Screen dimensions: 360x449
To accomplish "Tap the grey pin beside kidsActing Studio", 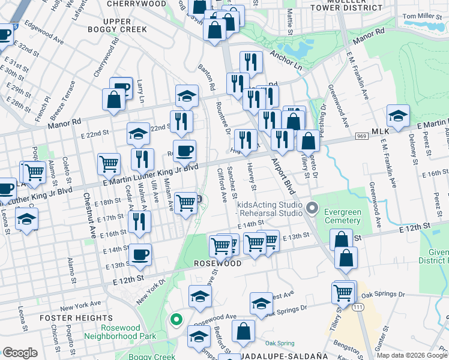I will (312, 208).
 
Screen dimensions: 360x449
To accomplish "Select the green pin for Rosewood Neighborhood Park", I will (175, 319).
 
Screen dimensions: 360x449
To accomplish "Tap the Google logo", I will (20, 353).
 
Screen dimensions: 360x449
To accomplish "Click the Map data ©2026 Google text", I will (412, 356).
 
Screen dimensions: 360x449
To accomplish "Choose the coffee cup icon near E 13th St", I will (140, 254).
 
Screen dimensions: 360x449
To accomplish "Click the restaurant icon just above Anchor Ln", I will (251, 61).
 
